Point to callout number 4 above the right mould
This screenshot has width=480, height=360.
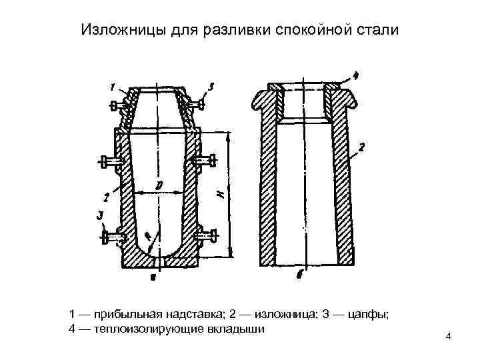(355, 75)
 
